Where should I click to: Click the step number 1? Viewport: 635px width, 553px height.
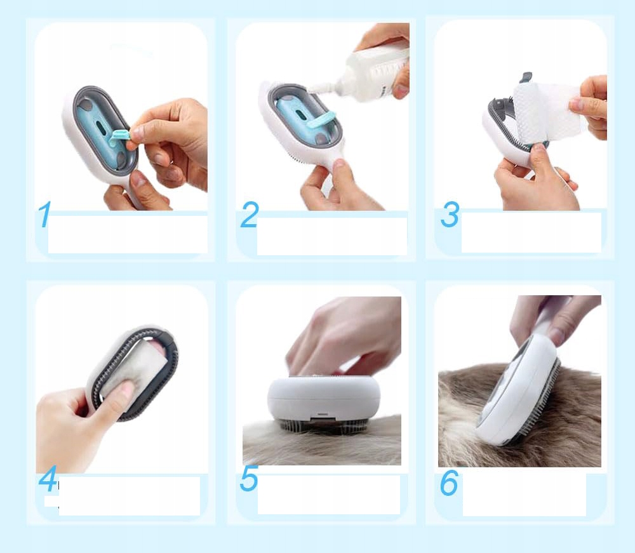44,214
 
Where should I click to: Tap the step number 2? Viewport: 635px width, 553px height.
250,215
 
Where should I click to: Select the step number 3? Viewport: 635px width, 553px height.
450,214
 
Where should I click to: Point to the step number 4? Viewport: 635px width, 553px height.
48,479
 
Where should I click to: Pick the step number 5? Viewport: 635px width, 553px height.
249,478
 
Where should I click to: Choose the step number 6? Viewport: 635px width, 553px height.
449,483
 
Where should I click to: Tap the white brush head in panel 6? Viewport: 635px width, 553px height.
518,389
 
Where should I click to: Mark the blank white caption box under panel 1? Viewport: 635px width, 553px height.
128,234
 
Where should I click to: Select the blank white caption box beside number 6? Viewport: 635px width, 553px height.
525,495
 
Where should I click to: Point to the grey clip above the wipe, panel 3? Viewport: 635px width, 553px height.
526,77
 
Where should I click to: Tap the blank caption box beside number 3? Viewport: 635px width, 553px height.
531,232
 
